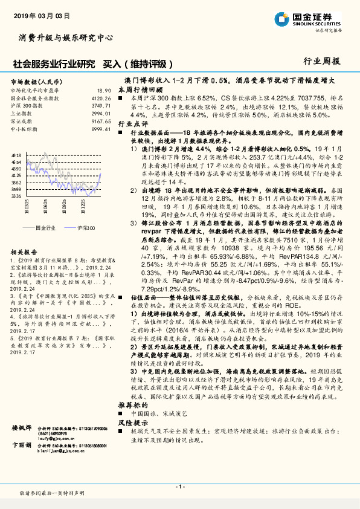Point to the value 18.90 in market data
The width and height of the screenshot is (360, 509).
(x=104, y=89)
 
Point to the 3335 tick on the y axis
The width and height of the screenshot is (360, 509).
(x=16, y=196)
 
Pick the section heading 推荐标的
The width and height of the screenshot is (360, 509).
(x=132, y=403)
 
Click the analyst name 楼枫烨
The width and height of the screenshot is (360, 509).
(x=22, y=427)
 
